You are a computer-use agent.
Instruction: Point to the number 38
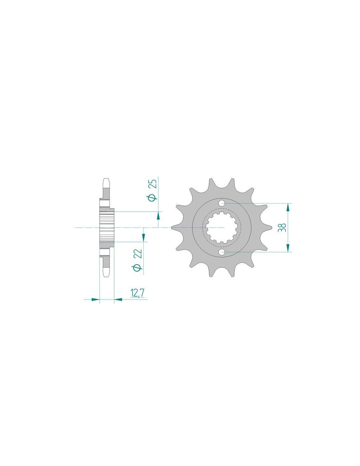pos(282,227)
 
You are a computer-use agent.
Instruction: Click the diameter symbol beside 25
pos(154,197)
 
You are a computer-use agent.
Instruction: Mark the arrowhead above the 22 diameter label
pos(143,238)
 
